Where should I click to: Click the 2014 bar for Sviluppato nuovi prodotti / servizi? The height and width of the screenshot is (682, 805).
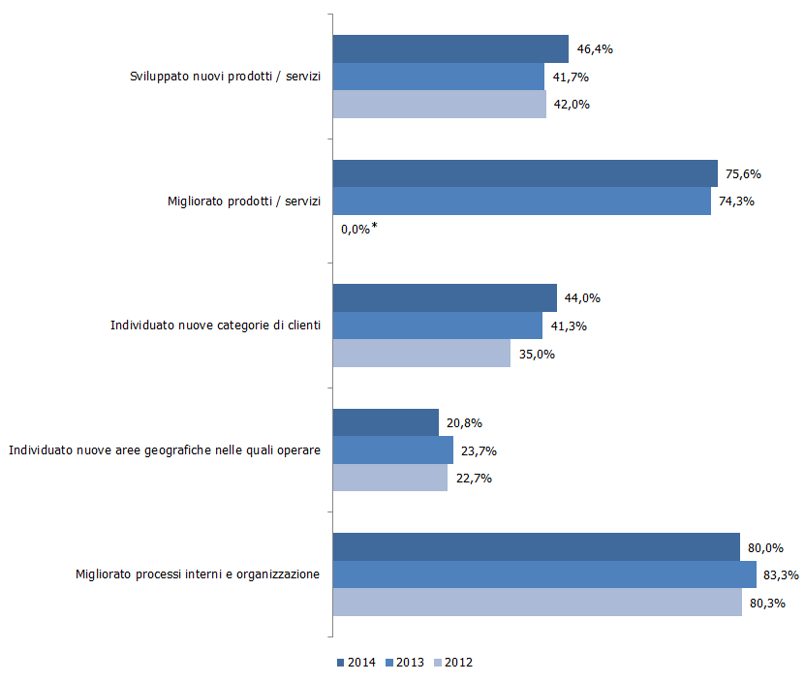450,48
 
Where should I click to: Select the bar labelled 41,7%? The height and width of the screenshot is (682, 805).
439,77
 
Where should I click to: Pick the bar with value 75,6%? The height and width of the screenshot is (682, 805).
525,173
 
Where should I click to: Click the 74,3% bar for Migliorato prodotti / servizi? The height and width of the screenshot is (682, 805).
522,201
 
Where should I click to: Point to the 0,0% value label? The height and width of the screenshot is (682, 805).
356,230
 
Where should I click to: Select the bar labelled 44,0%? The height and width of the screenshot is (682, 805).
445,297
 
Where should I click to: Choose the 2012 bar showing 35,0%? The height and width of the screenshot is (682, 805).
421,354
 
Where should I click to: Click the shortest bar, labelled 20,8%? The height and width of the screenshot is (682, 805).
386,422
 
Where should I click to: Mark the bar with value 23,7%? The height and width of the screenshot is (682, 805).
393,450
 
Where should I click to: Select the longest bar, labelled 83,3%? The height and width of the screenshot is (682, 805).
544,574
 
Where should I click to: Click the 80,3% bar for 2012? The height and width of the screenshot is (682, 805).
538,603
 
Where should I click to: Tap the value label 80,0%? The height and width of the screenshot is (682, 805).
765,547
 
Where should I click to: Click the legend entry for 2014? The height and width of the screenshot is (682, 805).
356,663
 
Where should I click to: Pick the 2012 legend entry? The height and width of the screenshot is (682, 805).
453,663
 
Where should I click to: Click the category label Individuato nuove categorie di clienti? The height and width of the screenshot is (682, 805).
215,325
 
